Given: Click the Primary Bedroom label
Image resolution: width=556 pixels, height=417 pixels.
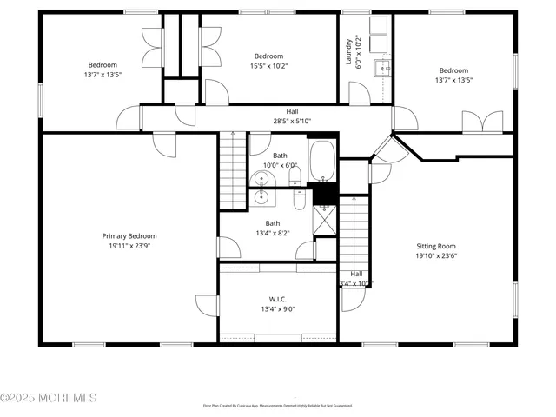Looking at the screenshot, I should click(129, 235).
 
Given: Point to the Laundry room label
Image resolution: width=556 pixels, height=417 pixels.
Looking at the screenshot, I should click(349, 51).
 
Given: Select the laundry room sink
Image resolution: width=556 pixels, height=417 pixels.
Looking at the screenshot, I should click(383, 66).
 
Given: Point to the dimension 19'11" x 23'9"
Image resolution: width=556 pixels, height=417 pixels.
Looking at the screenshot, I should click(129, 246).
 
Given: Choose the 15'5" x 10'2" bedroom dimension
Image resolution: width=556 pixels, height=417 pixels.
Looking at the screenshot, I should click(269, 66).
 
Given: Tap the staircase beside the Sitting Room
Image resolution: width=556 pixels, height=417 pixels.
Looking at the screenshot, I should click(354, 233).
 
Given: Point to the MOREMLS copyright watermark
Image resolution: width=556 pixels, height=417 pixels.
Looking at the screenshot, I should click(49, 398).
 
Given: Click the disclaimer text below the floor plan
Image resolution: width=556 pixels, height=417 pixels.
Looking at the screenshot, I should click(278, 405).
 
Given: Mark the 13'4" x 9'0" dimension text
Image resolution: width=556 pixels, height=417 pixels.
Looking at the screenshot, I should click(278, 308).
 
